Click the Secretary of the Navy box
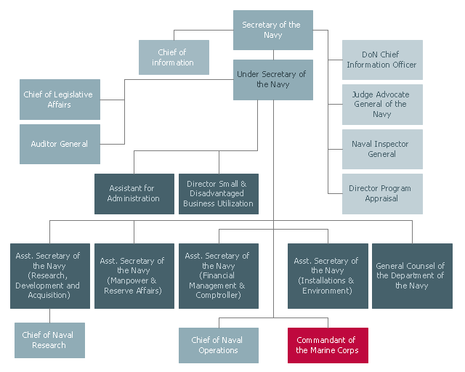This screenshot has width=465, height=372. pos(273,30)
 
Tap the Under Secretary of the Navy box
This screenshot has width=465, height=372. pos(273,79)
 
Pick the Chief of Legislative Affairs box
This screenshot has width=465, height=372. pos(60,100)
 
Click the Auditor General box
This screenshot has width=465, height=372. pos(60,144)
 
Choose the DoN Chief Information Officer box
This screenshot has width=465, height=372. pos(382,60)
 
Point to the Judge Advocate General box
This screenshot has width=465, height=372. pos(382,105)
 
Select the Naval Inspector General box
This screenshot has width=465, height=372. pos(382,149)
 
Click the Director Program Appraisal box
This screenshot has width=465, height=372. pos(382,193)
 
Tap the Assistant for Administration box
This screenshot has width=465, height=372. pos(134,193)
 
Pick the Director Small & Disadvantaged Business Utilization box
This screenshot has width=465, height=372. pos(219,193)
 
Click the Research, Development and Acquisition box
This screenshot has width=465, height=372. pos(49,276)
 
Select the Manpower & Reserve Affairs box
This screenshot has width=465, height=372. pos(134,276)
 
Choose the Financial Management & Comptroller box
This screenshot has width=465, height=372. pos(219,276)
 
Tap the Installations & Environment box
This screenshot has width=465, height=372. pos(326,276)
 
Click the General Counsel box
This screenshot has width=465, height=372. pos(411,276)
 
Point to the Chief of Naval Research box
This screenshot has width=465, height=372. pos(49,340)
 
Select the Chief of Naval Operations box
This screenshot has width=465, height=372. pos(219,345)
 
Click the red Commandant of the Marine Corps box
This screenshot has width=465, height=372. pos(327,345)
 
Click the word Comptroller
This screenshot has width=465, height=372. pos(218,296)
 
